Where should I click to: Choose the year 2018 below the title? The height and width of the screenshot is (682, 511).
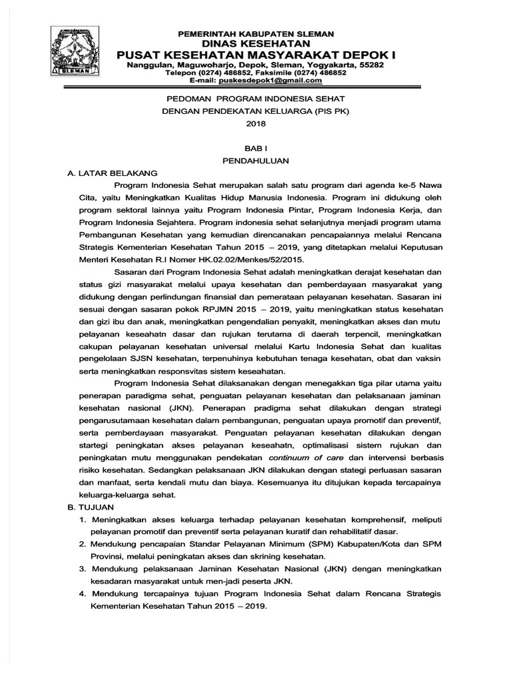click(x=255, y=123)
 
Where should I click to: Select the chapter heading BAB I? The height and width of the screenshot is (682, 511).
click(x=255, y=150)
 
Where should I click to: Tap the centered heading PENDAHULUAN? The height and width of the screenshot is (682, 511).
click(x=255, y=162)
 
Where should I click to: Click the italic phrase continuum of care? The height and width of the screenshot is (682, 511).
click(x=306, y=458)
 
